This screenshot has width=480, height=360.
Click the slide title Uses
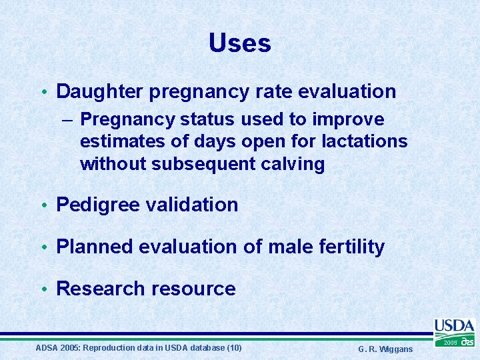tap(239, 43)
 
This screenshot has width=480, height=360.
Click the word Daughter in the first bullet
tap(100, 91)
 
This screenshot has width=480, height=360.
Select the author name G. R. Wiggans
tap(385, 349)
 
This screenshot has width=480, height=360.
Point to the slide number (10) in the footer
tap(234, 348)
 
